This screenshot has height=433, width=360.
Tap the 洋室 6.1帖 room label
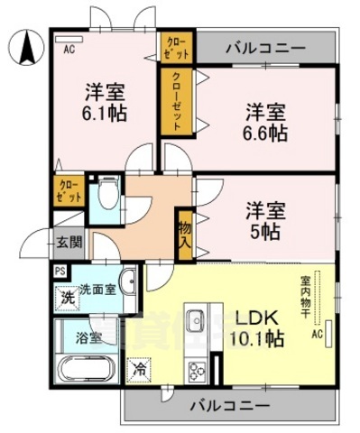tap(106, 102)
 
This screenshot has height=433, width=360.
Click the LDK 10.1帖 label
tap(260, 328)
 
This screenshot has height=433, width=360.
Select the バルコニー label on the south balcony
tap(229, 405)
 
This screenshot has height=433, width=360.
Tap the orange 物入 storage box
tap(184, 234)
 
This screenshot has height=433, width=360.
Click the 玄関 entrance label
tap(69, 241)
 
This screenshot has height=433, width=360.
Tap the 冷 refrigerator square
tap(139, 368)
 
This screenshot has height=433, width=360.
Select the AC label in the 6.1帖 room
tap(69, 50)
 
